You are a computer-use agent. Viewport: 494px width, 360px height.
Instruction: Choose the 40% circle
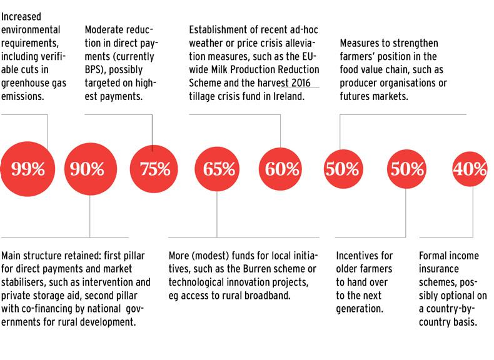pos(471,168)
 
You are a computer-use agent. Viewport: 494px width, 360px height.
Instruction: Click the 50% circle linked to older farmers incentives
pos(406,168)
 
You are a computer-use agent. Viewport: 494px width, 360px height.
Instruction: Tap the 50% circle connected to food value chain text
pos(343,168)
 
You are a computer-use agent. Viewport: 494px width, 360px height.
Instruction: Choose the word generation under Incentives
pos(361,311)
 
